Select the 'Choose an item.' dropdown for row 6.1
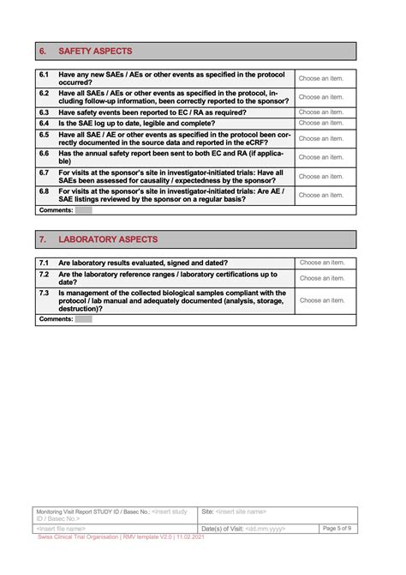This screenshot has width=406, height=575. point(321,78)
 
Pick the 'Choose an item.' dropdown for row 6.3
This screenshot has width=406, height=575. point(321,112)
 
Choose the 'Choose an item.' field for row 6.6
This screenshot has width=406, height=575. point(321,157)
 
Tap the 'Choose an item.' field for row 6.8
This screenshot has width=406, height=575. point(321,195)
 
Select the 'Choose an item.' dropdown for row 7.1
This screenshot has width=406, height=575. point(321,263)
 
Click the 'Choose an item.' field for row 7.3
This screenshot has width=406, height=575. point(321,300)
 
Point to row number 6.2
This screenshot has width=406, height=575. point(44,94)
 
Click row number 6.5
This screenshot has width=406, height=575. point(44,135)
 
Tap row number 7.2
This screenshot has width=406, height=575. point(44,274)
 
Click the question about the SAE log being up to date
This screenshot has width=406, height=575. point(137,123)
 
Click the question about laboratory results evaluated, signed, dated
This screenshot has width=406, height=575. point(142,263)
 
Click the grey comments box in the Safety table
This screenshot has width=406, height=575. point(83,209)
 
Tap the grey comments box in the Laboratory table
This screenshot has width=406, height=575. point(83,319)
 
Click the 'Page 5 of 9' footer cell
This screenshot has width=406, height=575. point(336,528)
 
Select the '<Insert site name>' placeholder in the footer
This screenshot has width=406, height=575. point(241,511)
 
